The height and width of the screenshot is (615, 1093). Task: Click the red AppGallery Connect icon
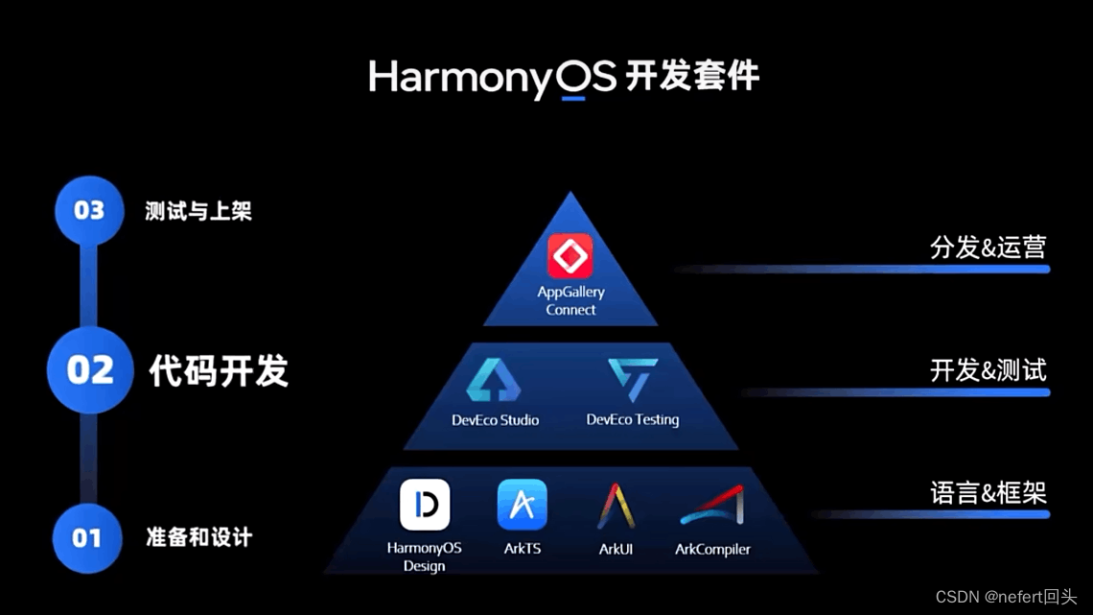click(570, 256)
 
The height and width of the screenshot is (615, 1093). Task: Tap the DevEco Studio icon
click(494, 379)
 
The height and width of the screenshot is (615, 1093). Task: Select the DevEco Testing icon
click(633, 379)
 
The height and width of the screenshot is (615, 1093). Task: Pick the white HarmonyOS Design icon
click(425, 505)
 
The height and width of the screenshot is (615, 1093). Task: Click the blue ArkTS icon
click(523, 505)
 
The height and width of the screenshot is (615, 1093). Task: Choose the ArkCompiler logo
click(712, 506)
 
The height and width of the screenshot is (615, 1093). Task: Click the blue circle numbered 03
click(88, 210)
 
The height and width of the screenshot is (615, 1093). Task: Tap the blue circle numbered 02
click(89, 370)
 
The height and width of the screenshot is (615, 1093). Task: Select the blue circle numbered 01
click(86, 537)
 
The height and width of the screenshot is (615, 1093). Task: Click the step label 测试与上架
click(198, 211)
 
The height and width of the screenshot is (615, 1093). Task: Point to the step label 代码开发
click(219, 370)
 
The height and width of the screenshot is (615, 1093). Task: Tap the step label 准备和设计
click(198, 537)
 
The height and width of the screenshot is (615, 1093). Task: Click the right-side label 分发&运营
click(988, 247)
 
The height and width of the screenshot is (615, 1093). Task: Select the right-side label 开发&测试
click(988, 370)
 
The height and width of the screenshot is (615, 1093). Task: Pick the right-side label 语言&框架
click(988, 493)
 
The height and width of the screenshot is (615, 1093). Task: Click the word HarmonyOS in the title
click(492, 78)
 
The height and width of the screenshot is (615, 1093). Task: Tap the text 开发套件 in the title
click(692, 76)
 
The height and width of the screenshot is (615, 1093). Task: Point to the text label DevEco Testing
click(633, 419)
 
